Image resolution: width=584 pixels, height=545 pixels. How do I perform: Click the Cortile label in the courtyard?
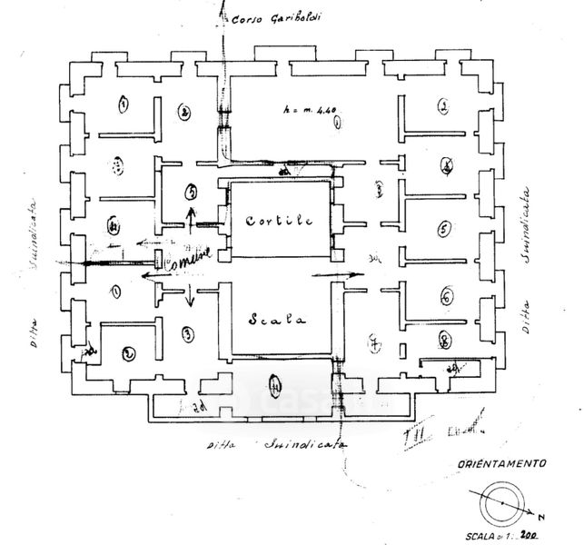279,221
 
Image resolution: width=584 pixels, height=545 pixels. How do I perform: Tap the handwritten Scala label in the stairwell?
276,319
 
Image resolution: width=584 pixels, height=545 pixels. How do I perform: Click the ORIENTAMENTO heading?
503,462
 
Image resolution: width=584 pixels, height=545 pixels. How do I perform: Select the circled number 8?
444,342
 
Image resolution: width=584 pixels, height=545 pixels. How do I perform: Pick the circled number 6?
446,297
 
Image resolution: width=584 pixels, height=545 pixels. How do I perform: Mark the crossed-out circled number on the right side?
446,165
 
